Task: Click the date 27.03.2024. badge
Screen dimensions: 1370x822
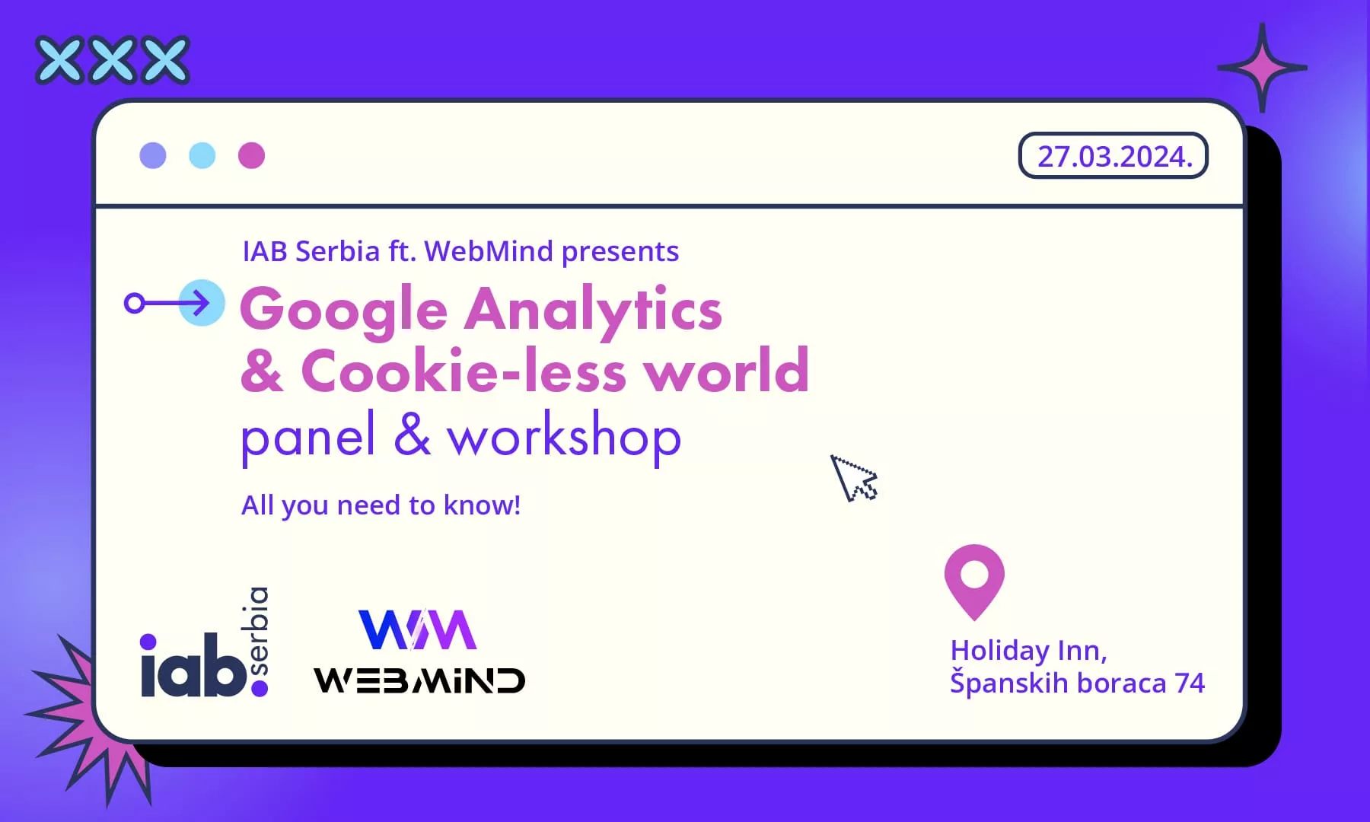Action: coord(1113,156)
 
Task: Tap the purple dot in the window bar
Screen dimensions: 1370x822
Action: coord(153,155)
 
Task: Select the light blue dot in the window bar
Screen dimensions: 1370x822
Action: coord(202,155)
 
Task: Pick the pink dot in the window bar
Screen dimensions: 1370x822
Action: coord(251,155)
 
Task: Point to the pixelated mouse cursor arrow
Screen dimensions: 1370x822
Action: coord(852,478)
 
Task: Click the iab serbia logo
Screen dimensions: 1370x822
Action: coord(205,642)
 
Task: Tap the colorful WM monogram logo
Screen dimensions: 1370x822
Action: coord(418,629)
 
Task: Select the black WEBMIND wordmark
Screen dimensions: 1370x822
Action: coord(419,680)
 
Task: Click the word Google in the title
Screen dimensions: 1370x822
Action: coord(344,310)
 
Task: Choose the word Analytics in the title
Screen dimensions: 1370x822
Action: coord(594,310)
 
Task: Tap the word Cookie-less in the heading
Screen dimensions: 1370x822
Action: coord(464,371)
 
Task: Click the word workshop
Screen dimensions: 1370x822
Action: coord(564,436)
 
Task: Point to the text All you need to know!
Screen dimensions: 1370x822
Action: coord(381,505)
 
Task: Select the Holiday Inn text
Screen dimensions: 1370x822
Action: coord(1028,651)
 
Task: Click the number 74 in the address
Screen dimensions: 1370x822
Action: coord(1190,683)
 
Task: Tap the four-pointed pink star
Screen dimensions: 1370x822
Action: coord(1262,68)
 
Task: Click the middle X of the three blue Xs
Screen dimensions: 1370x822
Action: coord(113,59)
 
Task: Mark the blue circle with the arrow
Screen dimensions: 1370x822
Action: coord(202,303)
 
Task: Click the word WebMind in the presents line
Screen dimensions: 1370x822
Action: coord(489,251)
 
